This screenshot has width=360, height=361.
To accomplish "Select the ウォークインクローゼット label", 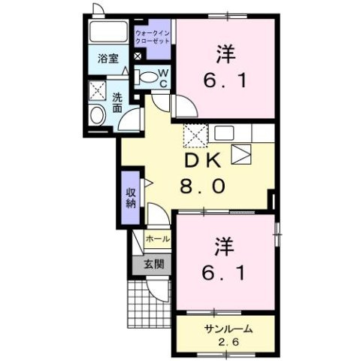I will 153,37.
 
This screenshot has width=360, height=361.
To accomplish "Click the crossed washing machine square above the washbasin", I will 98,90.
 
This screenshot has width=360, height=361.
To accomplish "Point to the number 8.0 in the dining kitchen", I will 201,187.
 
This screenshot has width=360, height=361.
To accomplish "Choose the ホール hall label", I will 156,238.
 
